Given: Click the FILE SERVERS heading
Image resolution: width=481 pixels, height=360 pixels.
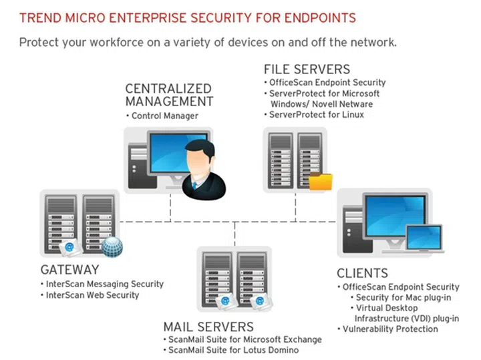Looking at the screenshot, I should (x=307, y=69).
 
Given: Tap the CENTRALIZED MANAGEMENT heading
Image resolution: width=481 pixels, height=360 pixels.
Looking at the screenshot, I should (x=169, y=95).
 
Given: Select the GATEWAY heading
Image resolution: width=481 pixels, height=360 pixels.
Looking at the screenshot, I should (x=69, y=270).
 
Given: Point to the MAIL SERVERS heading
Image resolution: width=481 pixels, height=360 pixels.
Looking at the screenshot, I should (x=208, y=327).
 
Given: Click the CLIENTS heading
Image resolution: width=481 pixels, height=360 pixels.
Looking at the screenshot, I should (x=362, y=273).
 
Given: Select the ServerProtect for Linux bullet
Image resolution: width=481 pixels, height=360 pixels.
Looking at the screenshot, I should (x=316, y=115).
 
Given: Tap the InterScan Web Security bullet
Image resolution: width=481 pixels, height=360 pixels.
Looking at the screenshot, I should (x=92, y=295).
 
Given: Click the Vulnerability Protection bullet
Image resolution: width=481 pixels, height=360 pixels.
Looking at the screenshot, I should (x=389, y=329).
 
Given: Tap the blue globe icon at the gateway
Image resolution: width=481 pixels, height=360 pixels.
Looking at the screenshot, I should (x=112, y=246).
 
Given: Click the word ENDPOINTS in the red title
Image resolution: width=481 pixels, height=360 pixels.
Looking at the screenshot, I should (x=312, y=15).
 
